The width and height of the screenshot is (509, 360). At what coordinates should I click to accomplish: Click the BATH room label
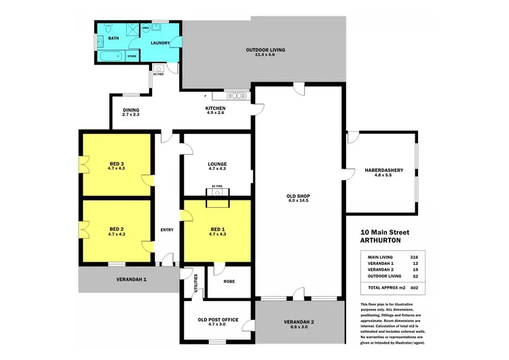(x=113, y=39)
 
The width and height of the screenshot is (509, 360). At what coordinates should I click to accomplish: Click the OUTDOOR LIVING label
(x=265, y=50)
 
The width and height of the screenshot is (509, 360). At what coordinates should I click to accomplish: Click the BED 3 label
(x=116, y=164)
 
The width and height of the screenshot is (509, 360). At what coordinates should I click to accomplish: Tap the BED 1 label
(x=217, y=230)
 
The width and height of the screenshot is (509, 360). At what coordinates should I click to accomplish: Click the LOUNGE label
(x=217, y=164)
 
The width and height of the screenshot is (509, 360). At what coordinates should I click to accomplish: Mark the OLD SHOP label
(x=299, y=197)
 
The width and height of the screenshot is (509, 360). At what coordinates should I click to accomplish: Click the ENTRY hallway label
(x=167, y=230)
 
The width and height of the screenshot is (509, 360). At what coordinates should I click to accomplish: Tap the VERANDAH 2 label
(x=300, y=323)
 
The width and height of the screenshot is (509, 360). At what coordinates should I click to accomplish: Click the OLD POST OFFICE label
(x=217, y=319)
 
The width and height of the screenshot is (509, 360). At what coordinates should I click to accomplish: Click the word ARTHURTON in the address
(x=384, y=240)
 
